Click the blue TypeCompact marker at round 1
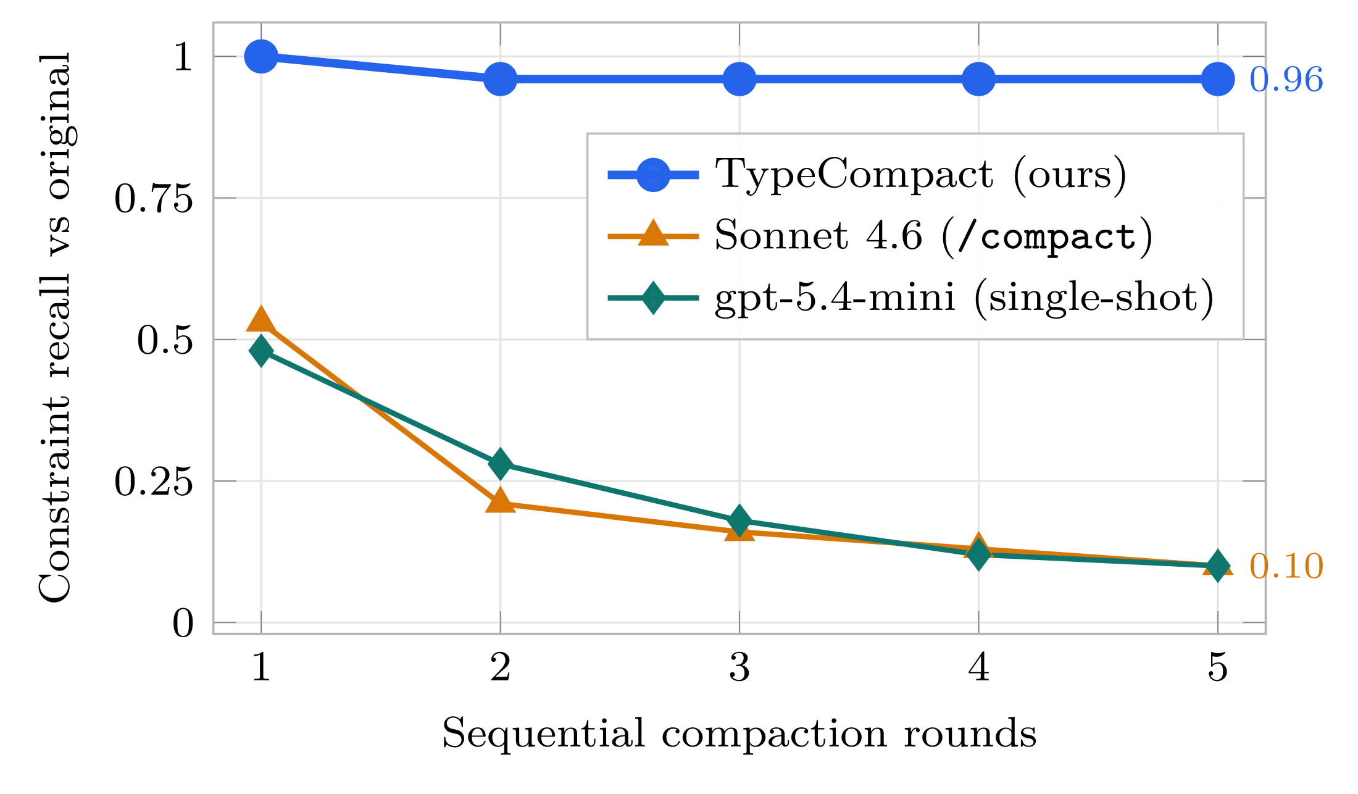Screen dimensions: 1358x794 pyautogui.click(x=261, y=56)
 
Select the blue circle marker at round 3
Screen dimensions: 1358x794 pyautogui.click(x=739, y=79)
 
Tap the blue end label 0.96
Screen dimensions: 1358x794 pyautogui.click(x=1286, y=80)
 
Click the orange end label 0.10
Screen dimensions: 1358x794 pyautogui.click(x=1286, y=566)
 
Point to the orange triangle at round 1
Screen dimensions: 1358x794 pyautogui.click(x=261, y=320)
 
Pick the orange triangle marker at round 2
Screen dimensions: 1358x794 pyautogui.click(x=500, y=500)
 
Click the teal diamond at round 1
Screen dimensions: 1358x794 pyautogui.click(x=261, y=351)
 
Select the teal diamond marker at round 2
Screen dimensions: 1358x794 pyautogui.click(x=500, y=464)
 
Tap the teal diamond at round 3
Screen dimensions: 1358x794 pyautogui.click(x=739, y=520)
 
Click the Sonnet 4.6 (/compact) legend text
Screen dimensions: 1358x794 pyautogui.click(x=933, y=236)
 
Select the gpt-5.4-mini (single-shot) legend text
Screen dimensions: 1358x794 pyautogui.click(x=964, y=298)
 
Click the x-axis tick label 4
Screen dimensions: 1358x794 pyautogui.click(x=979, y=667)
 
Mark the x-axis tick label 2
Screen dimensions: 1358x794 pyautogui.click(x=500, y=667)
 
